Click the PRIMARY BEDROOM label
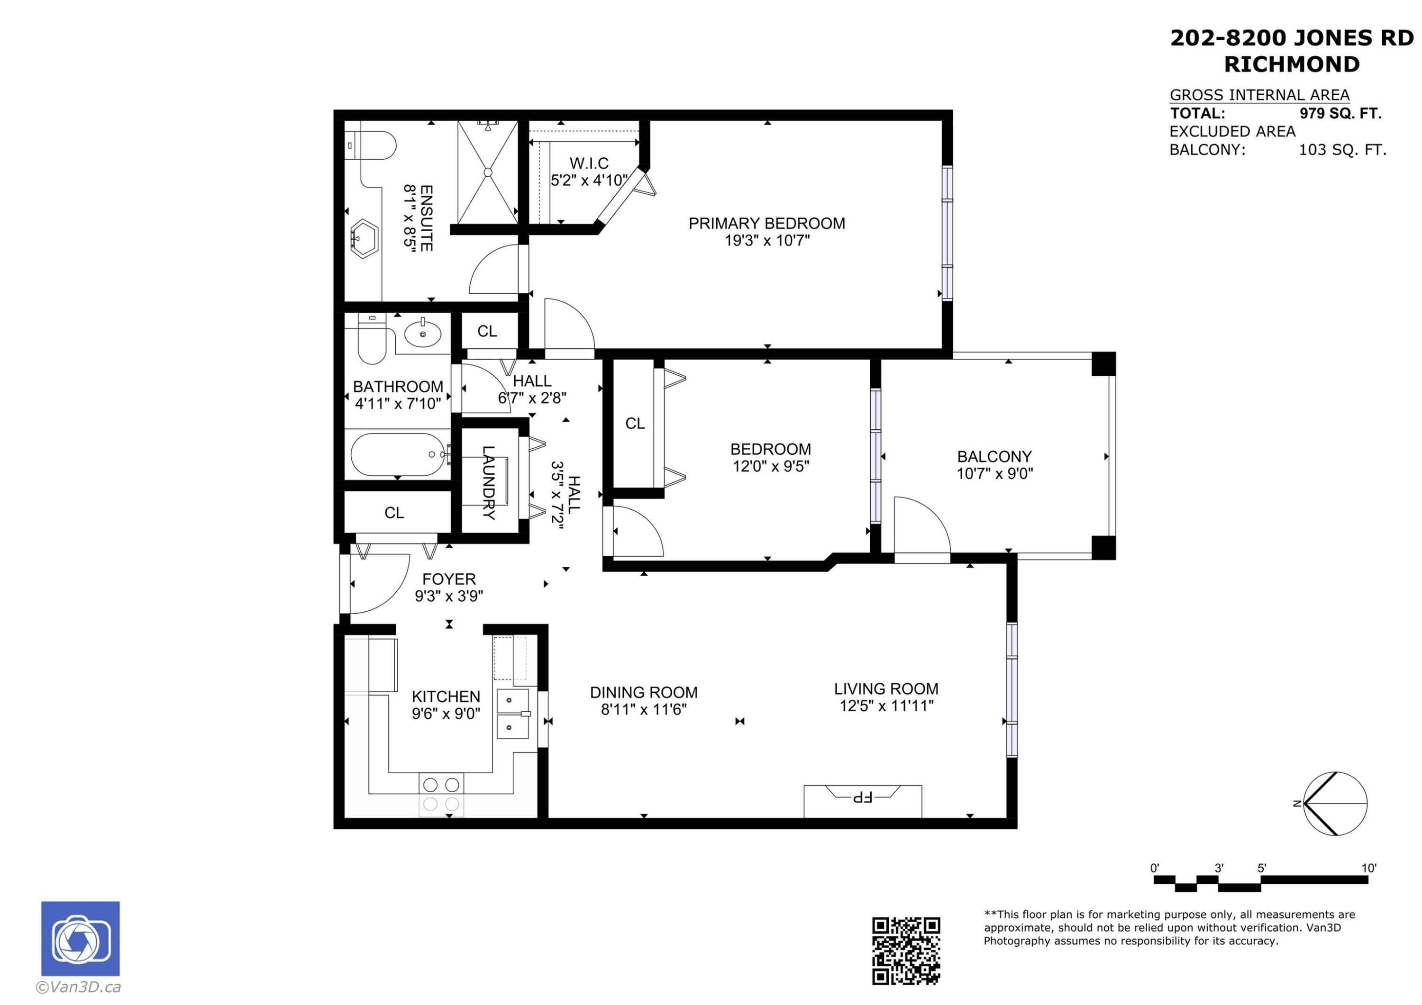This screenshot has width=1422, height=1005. click(767, 224)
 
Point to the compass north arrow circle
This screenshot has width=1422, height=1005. click(1335, 804)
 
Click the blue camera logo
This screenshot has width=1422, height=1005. click(81, 939)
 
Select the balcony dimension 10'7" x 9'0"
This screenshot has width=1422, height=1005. click(994, 474)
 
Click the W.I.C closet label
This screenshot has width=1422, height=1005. click(589, 163)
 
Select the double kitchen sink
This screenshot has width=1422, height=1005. click(513, 713)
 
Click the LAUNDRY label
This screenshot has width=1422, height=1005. click(489, 482)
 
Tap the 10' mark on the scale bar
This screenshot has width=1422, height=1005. click(1368, 868)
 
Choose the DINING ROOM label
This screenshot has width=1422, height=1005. click(644, 692)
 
